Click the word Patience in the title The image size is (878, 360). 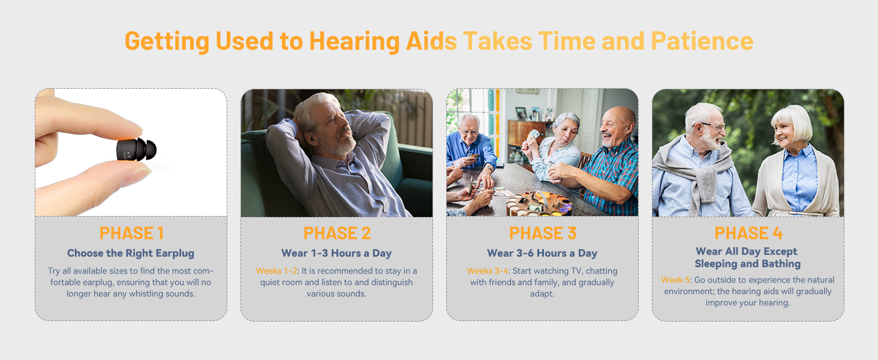[702, 41]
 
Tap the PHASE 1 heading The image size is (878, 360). [131, 233]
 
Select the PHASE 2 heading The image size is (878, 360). [337, 233]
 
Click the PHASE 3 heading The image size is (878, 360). [543, 233]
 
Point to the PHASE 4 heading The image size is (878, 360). [748, 233]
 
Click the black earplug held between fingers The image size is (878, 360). [136, 149]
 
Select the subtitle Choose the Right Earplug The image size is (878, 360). [131, 253]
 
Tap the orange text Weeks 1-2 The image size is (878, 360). [276, 271]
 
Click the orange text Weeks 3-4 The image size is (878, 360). [487, 271]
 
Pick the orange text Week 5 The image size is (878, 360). [675, 280]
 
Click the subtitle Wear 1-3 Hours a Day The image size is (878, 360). [336, 253]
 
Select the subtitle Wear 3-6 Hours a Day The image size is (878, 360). [542, 253]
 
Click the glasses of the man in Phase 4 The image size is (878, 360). [711, 126]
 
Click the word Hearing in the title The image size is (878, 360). [354, 41]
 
